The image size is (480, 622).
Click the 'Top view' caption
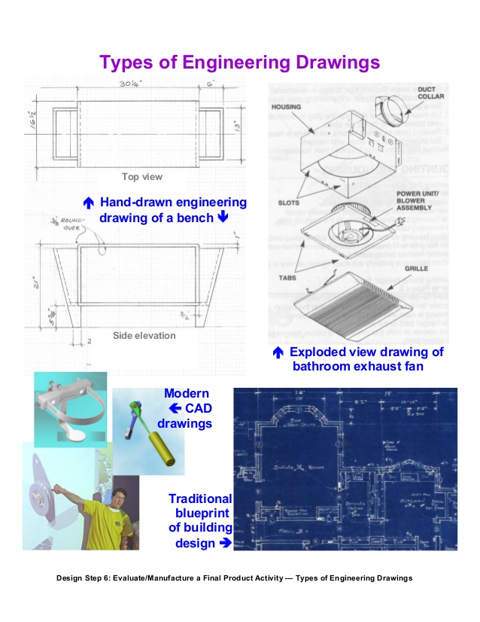point(142,177)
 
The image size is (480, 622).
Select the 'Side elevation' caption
point(143,336)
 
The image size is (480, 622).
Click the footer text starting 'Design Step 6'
point(235,578)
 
